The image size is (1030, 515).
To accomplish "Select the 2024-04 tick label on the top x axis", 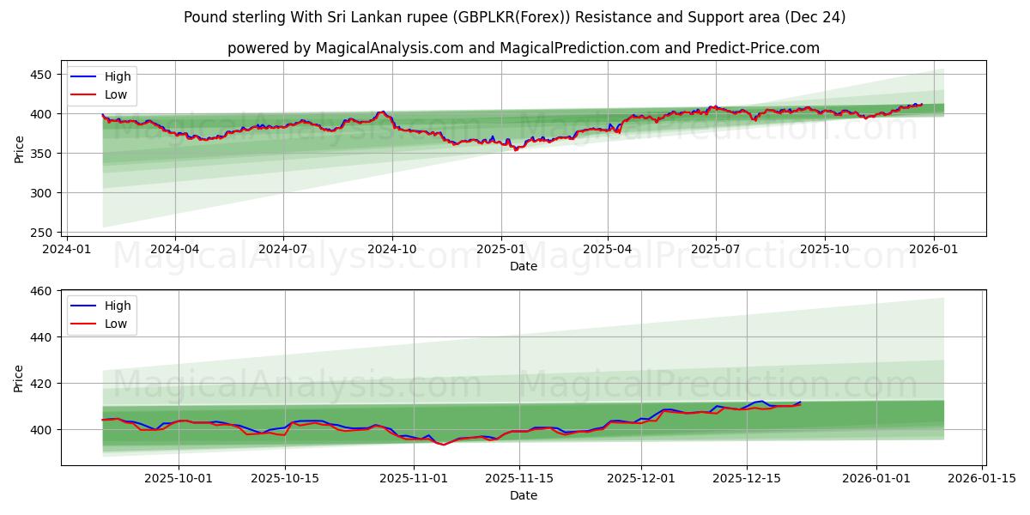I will click(x=175, y=250).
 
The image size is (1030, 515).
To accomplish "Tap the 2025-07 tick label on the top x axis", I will click(x=716, y=250).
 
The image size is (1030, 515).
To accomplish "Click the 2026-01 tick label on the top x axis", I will click(x=933, y=250).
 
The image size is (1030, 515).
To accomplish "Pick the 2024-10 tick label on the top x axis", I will click(x=392, y=250).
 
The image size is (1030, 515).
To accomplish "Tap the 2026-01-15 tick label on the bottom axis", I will click(x=981, y=479).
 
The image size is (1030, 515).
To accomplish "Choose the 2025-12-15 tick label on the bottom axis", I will click(x=747, y=479).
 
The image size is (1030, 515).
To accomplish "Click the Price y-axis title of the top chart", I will click(x=20, y=148).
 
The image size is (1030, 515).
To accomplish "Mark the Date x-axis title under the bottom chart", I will click(x=524, y=495).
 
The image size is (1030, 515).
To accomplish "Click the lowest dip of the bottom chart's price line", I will click(x=444, y=445).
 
